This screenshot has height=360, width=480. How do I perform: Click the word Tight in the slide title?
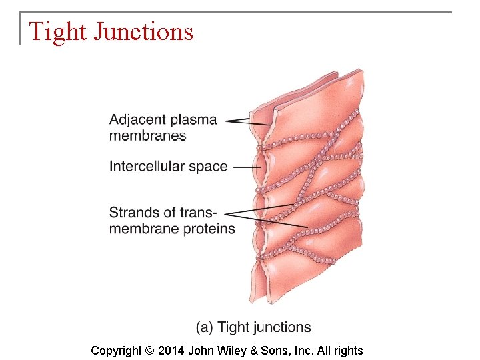click(57, 31)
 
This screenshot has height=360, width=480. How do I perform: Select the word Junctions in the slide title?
click(143, 32)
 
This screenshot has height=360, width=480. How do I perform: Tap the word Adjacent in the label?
click(137, 120)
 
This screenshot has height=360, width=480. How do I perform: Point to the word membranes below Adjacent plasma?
click(148, 136)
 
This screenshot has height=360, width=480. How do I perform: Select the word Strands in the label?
click(133, 213)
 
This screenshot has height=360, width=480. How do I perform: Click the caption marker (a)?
click(205, 327)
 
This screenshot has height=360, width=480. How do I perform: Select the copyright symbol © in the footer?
click(149, 351)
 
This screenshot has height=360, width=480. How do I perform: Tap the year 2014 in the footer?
click(171, 351)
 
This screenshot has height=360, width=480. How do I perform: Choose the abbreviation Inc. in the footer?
click(305, 351)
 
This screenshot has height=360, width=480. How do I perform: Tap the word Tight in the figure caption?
click(233, 327)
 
